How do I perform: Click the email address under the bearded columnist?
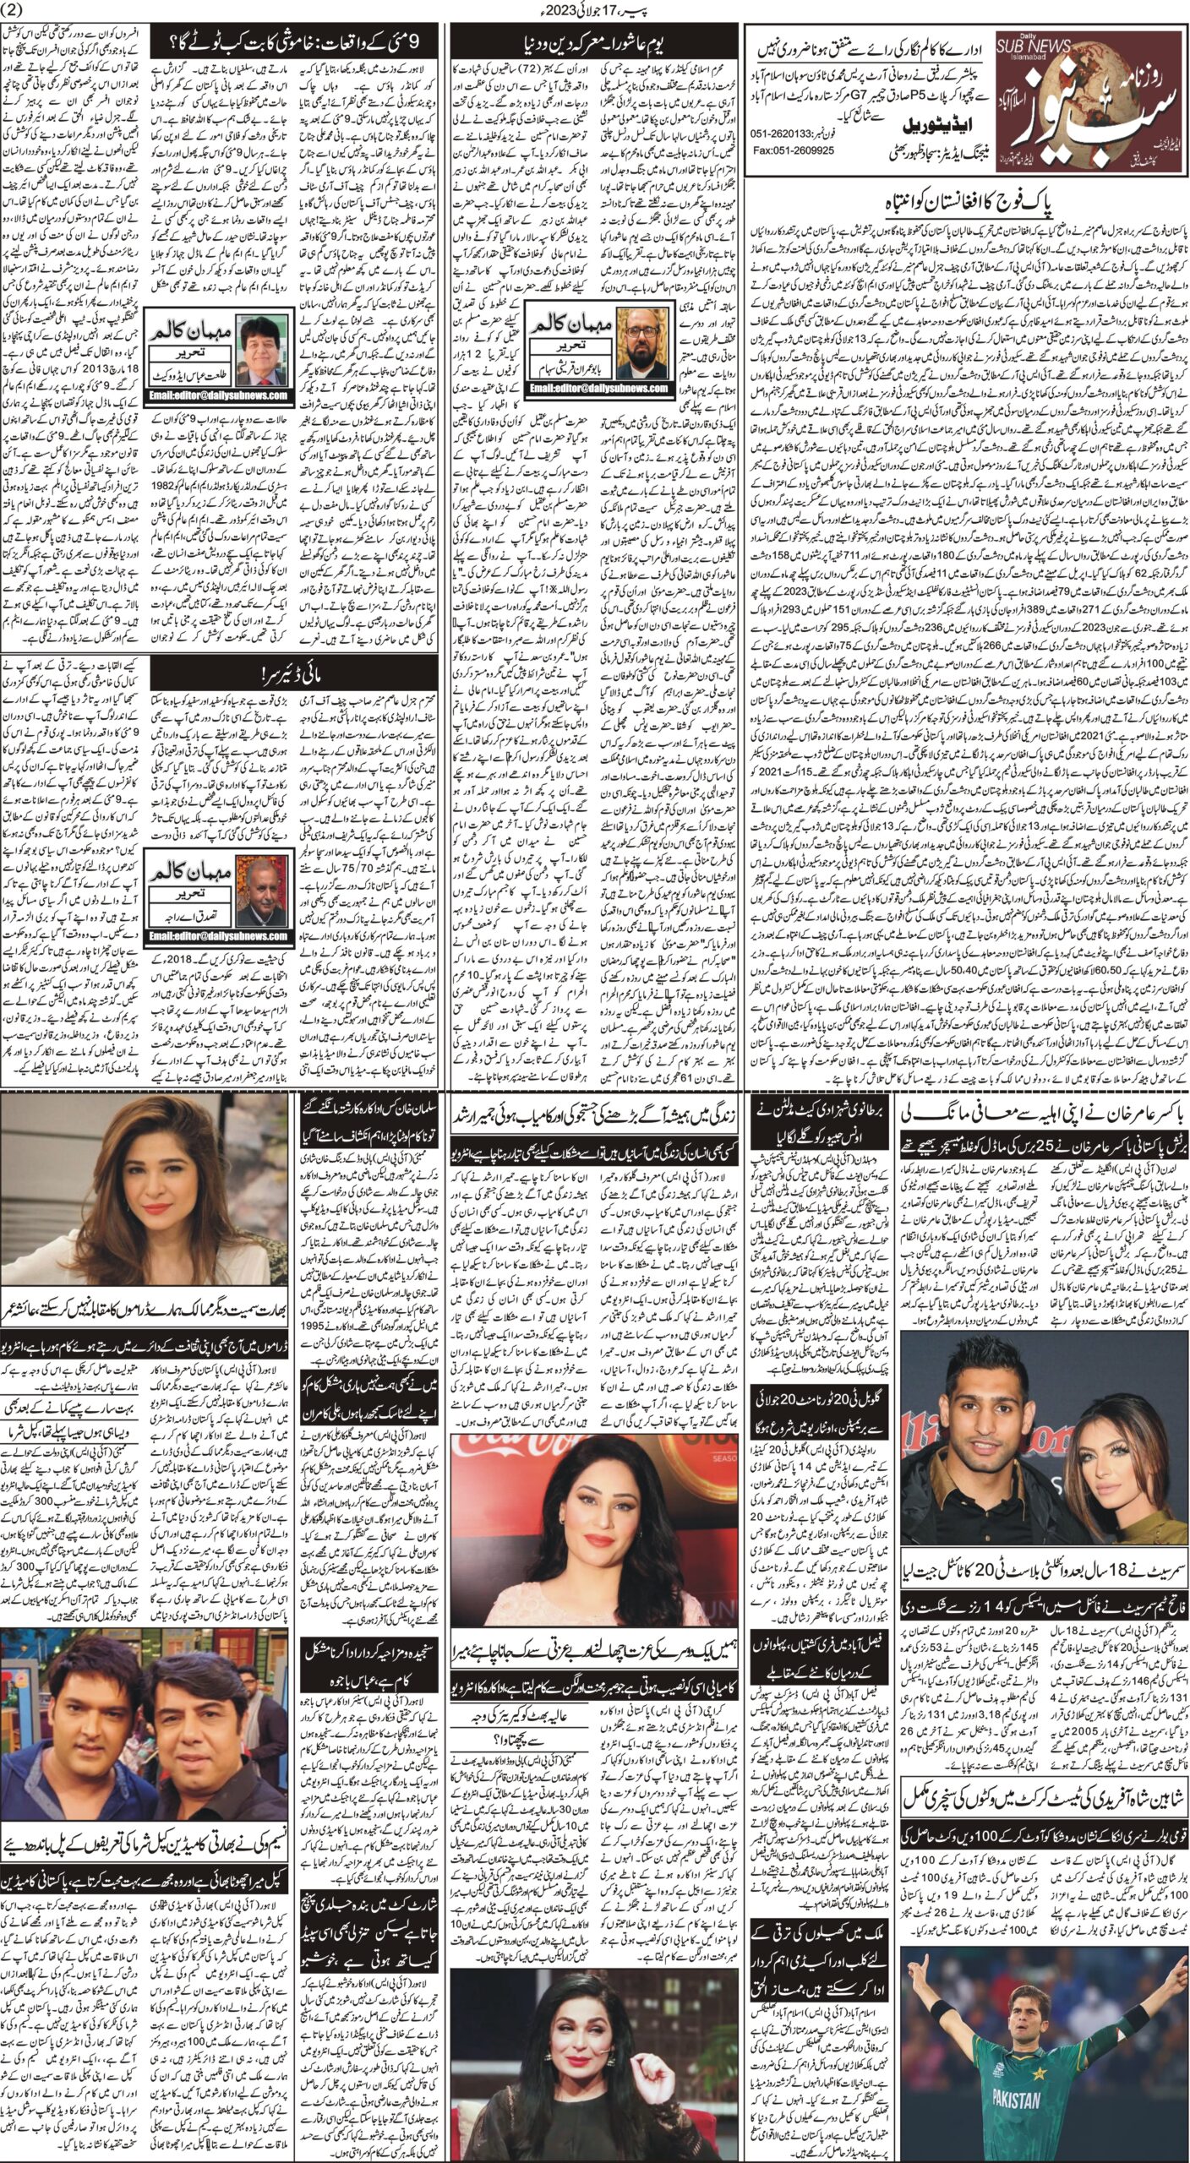601,388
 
